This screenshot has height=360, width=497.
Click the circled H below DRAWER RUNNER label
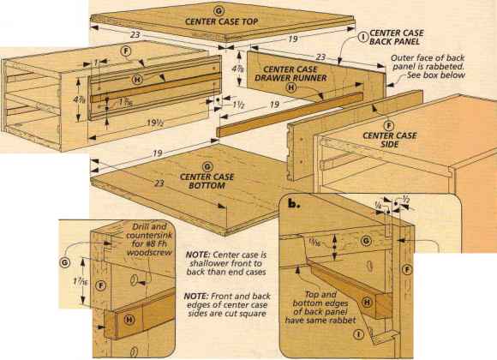pos(291,87)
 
